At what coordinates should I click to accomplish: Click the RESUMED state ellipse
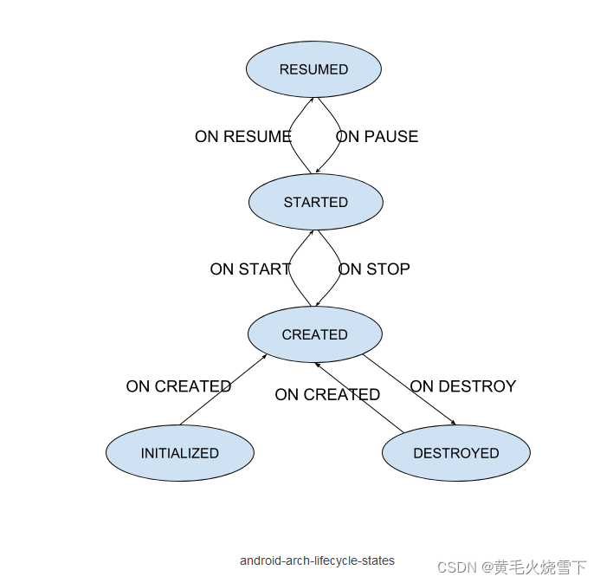[313, 69]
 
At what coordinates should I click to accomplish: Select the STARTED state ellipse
[315, 202]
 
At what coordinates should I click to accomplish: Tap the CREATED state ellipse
[314, 334]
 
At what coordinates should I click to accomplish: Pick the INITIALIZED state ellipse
[179, 453]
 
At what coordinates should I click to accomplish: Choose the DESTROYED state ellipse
[455, 453]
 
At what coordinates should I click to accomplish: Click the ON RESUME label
[242, 137]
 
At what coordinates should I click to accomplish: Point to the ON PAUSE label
[377, 137]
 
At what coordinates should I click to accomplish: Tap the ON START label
[249, 269]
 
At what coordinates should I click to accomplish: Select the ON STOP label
[374, 269]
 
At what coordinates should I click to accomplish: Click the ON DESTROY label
[462, 386]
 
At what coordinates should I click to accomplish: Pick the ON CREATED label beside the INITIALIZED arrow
[178, 386]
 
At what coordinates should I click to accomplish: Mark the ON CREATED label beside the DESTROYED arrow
[327, 395]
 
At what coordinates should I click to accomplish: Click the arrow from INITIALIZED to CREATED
[223, 390]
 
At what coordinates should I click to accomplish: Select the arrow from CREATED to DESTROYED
[409, 388]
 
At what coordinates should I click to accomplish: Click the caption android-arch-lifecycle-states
[317, 560]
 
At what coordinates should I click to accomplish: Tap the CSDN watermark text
[512, 567]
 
